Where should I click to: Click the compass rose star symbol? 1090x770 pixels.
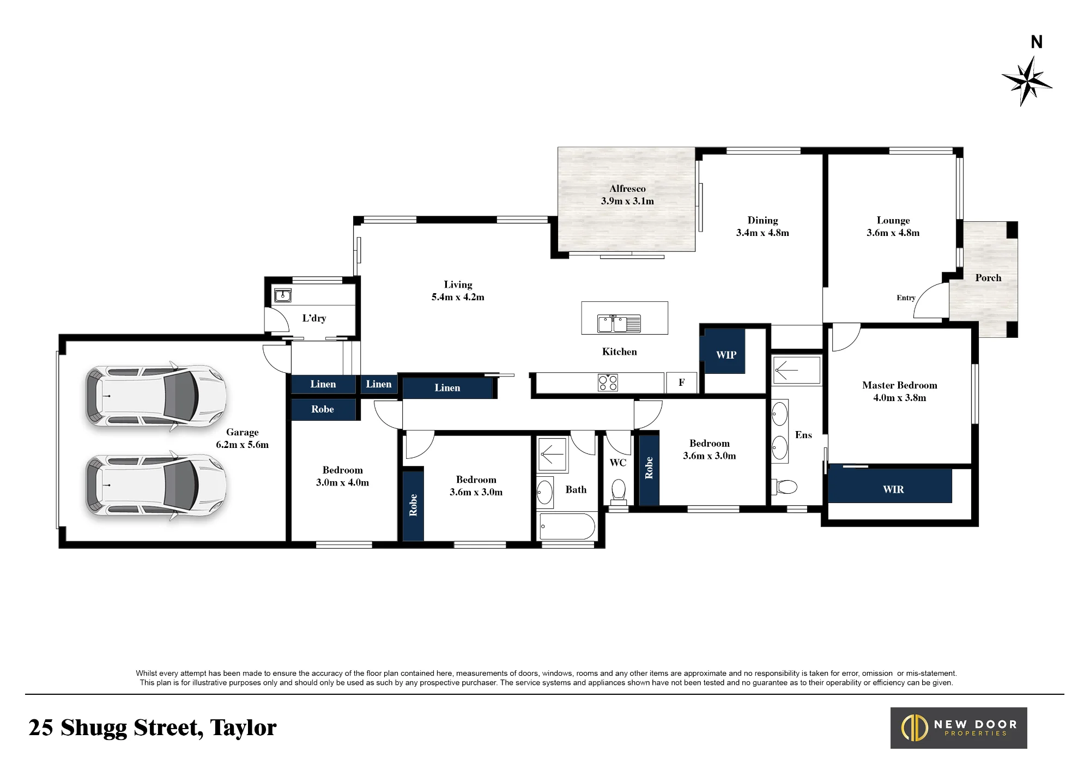[1027, 81]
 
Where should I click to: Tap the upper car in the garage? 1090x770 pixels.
[156, 396]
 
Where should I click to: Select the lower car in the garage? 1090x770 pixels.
[156, 485]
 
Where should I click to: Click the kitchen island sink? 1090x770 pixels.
[619, 323]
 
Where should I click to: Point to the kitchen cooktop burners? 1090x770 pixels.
[608, 383]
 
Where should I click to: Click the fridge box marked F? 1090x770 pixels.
[681, 383]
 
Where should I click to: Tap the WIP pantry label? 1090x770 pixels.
[726, 355]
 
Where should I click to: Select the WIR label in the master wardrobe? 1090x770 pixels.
[893, 489]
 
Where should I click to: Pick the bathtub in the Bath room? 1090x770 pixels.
[567, 526]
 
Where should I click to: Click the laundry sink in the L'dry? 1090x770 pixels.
[282, 295]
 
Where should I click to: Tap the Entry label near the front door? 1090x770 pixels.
[906, 298]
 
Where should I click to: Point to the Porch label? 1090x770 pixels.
[988, 278]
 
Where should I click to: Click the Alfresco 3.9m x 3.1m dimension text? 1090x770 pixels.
[627, 201]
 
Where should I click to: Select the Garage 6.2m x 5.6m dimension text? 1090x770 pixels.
[242, 445]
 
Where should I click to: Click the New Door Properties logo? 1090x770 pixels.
[959, 728]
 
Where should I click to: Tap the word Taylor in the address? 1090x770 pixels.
[243, 728]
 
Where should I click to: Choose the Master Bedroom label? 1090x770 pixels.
[900, 385]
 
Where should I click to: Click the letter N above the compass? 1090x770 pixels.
[1037, 42]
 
